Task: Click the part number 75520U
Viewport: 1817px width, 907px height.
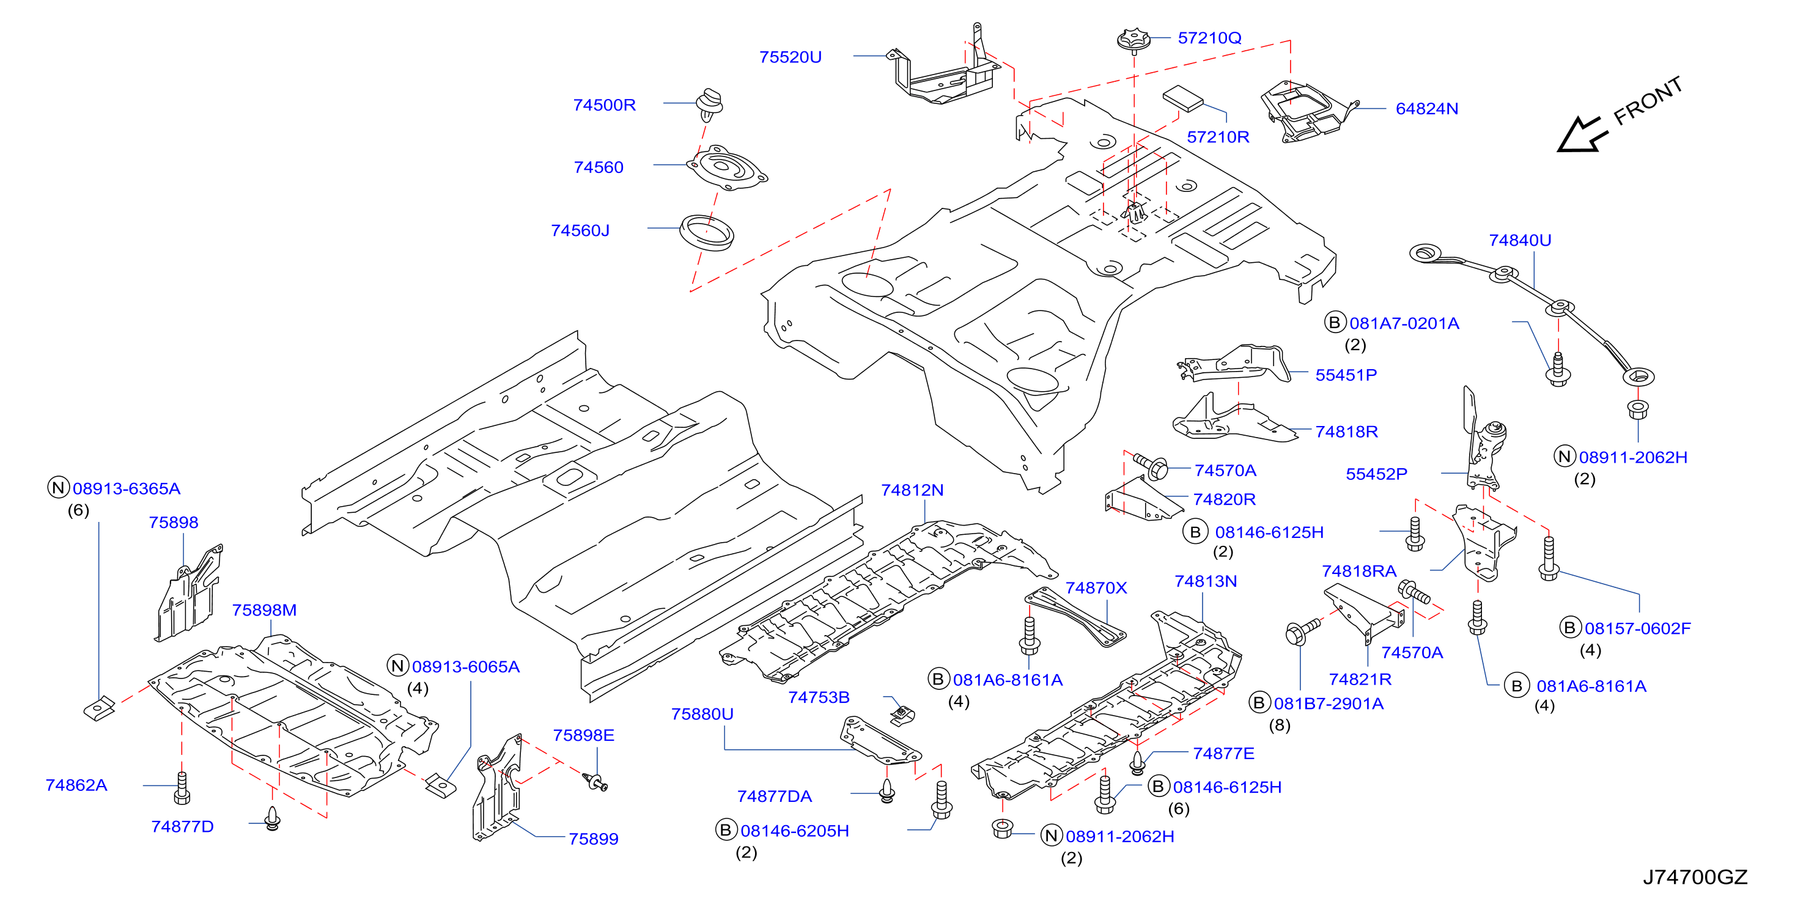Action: [790, 57]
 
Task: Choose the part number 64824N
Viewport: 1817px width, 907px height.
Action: [1426, 109]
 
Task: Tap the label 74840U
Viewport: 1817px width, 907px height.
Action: [1519, 241]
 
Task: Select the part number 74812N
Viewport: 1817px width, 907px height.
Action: [912, 490]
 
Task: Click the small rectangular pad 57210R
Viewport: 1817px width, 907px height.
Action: [1182, 99]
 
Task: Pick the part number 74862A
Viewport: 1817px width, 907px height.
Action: [76, 785]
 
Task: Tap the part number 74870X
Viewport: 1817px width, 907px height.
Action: [1096, 588]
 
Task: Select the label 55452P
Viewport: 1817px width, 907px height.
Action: [1376, 474]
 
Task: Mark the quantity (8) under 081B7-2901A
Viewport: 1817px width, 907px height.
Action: [1280, 725]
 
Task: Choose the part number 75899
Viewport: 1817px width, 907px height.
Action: [593, 839]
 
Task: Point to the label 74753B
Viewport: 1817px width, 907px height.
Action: [818, 697]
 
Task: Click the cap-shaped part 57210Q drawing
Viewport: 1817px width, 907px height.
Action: [1133, 41]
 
